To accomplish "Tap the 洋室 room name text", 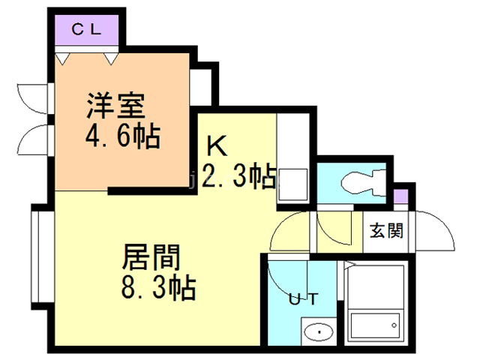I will pos(114,106).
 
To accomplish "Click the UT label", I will pos(304,299).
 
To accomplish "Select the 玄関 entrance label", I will pos(386,229).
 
